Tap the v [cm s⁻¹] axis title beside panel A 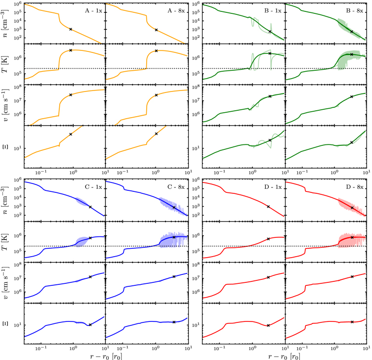click(x=7, y=104)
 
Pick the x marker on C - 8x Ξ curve click(x=174, y=322)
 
